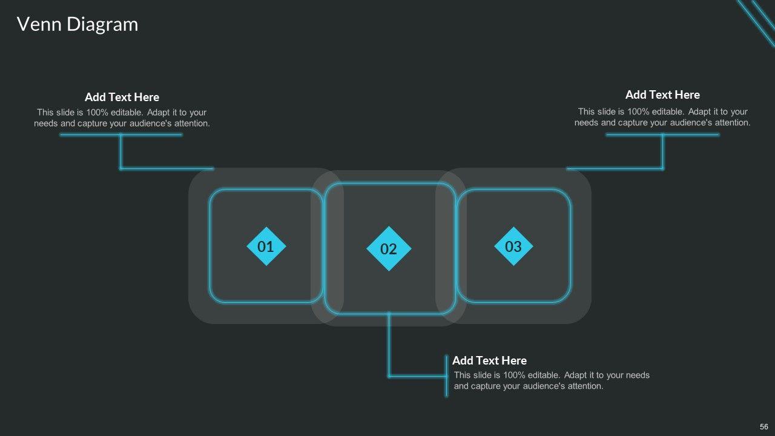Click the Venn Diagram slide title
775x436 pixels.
coord(77,25)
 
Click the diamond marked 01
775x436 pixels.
coord(266,246)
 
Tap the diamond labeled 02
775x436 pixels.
coord(389,248)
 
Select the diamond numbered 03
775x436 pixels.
coord(513,246)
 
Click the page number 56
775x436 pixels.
coord(763,427)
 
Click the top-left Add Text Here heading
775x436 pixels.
coord(122,97)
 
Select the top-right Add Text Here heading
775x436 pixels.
coord(662,95)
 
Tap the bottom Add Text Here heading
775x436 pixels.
coord(490,360)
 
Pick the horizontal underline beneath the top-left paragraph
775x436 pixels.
coord(121,135)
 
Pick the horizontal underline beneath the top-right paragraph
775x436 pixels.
coord(662,135)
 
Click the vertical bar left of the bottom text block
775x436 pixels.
coord(446,376)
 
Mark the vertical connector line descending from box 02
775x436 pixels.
coord(389,345)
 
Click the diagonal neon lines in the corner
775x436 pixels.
coord(757,21)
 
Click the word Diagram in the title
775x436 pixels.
coord(102,25)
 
